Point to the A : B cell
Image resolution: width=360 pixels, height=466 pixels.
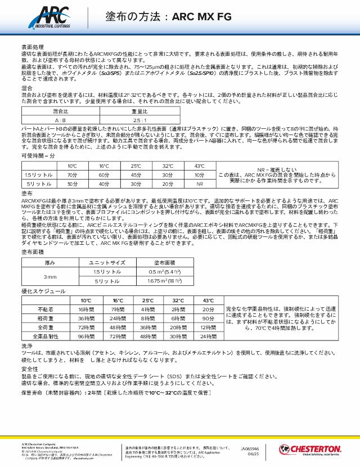(x=60, y=120)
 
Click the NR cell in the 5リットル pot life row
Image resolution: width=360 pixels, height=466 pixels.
(x=199, y=183)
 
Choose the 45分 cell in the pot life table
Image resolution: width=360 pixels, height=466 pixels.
(x=136, y=175)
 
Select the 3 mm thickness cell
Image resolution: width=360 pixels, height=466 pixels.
(x=51, y=277)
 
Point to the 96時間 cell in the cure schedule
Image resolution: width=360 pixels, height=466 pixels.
(x=86, y=336)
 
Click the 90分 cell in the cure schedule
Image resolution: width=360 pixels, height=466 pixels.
(x=208, y=318)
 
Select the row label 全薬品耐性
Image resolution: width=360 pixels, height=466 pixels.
(x=47, y=336)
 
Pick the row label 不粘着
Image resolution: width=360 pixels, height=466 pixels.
(x=47, y=310)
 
